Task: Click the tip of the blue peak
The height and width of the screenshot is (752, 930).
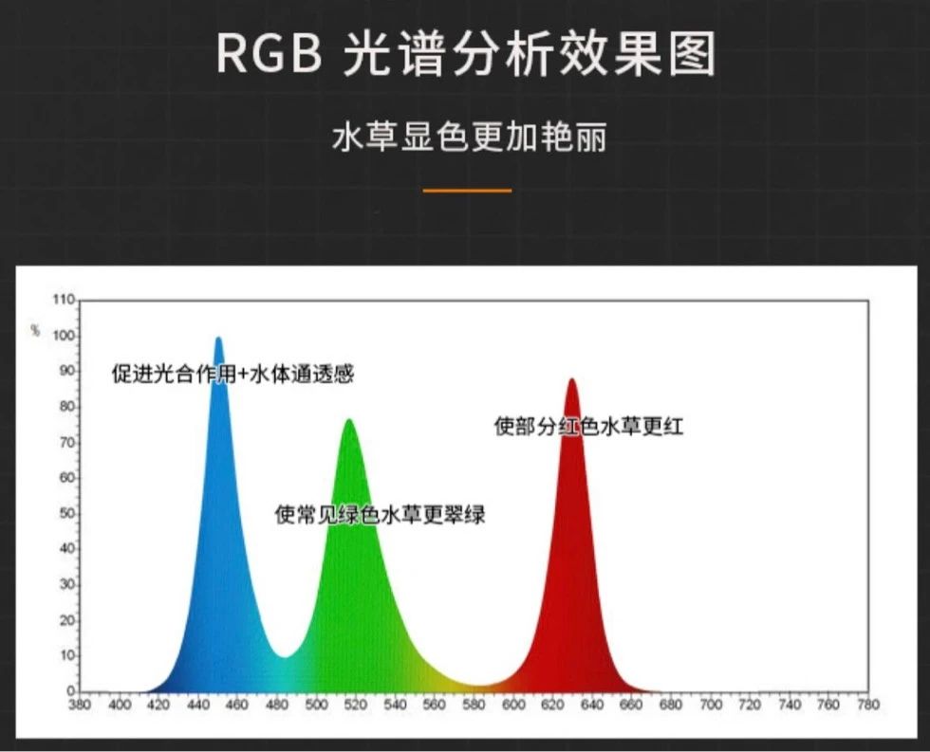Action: [x=218, y=339]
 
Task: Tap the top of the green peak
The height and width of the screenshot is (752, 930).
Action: [x=349, y=420]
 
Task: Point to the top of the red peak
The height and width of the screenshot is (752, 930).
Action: [x=571, y=379]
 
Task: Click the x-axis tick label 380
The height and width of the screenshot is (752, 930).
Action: [x=80, y=705]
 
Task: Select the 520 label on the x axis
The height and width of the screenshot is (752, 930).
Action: [x=356, y=705]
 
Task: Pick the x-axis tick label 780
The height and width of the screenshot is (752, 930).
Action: [x=868, y=705]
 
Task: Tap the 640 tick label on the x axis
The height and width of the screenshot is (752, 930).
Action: [x=592, y=705]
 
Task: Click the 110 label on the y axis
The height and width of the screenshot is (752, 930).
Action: [x=64, y=300]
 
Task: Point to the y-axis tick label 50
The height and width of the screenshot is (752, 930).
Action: [x=67, y=513]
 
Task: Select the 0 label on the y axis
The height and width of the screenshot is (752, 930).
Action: [x=70, y=691]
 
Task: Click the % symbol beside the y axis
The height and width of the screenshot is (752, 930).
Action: [x=36, y=330]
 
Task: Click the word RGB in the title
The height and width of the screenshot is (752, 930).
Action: [x=270, y=54]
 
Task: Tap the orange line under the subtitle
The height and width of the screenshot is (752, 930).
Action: [x=467, y=191]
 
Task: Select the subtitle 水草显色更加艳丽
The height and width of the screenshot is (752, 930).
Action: [x=469, y=138]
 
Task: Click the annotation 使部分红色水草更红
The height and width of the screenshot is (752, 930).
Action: [x=588, y=426]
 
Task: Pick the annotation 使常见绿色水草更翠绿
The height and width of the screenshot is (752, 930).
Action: [x=380, y=514]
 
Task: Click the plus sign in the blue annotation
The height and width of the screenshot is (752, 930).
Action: [x=244, y=375]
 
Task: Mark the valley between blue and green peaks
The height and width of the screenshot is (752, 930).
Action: [x=285, y=657]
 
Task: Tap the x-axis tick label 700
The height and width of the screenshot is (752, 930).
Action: [x=711, y=705]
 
